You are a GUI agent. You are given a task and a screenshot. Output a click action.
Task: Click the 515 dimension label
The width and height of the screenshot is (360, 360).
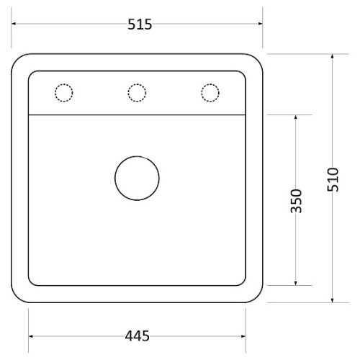pos(140,24)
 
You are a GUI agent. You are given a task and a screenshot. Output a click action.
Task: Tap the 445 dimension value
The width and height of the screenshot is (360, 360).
pos(137,336)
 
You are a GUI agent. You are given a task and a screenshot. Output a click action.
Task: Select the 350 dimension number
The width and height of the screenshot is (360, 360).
pos(296,201)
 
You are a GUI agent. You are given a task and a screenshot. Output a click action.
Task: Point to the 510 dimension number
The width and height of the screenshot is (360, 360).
pos(333,179)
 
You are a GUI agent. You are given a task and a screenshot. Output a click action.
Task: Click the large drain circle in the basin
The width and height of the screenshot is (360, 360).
pos(137,156)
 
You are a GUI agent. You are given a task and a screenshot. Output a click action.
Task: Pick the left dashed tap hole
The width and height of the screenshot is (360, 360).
pos(63,84)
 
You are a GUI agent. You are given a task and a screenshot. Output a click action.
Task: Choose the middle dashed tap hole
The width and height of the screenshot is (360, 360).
pos(137,84)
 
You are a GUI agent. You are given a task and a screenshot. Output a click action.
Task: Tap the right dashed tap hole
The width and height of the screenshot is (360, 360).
pos(210,84)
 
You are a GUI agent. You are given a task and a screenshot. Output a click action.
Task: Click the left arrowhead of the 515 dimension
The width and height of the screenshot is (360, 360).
pos(14,24)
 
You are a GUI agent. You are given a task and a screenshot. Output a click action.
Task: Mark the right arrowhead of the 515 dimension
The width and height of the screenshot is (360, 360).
pos(260,24)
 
